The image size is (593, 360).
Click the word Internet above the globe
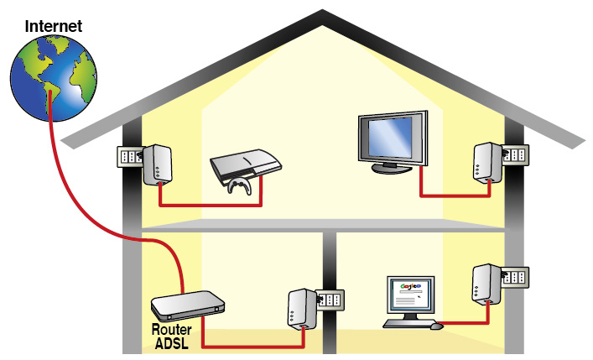click(54, 25)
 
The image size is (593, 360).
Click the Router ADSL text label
click(171, 336)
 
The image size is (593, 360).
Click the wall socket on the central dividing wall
click(330, 300)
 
